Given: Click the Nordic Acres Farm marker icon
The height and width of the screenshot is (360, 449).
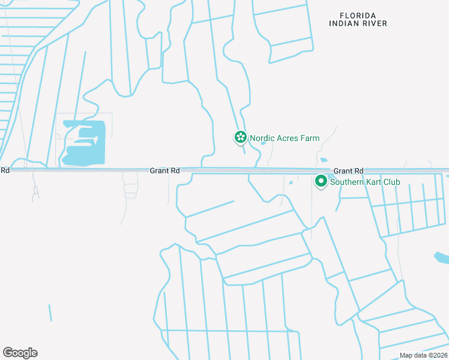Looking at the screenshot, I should tap(240, 138).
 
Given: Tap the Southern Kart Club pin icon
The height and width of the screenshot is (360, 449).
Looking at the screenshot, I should tap(321, 181).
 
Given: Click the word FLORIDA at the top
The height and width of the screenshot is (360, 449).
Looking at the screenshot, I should tap(358, 15).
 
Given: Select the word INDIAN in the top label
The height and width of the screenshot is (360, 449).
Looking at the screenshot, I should tap(345, 23).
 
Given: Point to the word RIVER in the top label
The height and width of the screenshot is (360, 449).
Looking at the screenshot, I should tap(375, 23).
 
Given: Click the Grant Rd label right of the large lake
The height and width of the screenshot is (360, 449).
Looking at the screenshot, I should tap(165, 171).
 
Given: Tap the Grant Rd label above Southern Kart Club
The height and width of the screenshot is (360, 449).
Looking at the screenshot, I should tap(349, 171).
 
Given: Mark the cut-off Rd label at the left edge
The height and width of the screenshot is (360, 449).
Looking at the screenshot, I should tap(5, 171).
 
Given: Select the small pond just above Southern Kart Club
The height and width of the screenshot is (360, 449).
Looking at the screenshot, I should tap(324, 160).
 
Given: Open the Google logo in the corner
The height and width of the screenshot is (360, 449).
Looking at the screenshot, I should tap(20, 353).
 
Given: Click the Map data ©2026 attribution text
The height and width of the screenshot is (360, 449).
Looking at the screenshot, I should tap(423, 355).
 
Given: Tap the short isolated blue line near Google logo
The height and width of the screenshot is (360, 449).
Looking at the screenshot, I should tap(50, 313).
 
